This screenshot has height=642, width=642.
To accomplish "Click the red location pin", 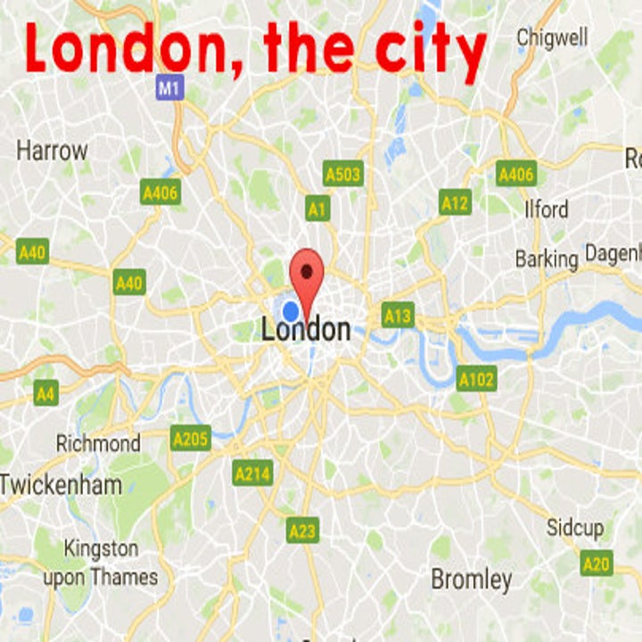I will click(307, 273).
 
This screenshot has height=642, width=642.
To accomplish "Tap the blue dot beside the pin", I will click(290, 311).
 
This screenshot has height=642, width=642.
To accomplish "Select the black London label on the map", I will click(306, 330).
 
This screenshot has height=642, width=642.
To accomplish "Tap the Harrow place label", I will click(52, 151).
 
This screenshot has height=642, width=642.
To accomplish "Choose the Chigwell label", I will click(552, 37).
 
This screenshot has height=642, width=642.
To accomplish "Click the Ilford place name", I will click(546, 210).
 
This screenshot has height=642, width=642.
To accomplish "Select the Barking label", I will click(547, 259).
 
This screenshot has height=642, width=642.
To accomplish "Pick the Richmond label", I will click(98, 443).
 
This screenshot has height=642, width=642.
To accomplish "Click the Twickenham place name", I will click(61, 485).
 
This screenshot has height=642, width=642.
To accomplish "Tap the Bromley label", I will click(472, 580).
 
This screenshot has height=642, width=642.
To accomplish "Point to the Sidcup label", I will click(574, 528).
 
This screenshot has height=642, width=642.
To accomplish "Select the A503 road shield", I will click(343, 173).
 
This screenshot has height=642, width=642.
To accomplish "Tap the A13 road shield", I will click(398, 315).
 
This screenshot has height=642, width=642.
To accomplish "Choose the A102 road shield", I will click(475, 380).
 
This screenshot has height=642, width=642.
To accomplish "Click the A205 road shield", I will click(191, 439).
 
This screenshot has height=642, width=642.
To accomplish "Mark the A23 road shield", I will click(302, 531).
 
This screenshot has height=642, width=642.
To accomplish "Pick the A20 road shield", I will click(596, 563).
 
